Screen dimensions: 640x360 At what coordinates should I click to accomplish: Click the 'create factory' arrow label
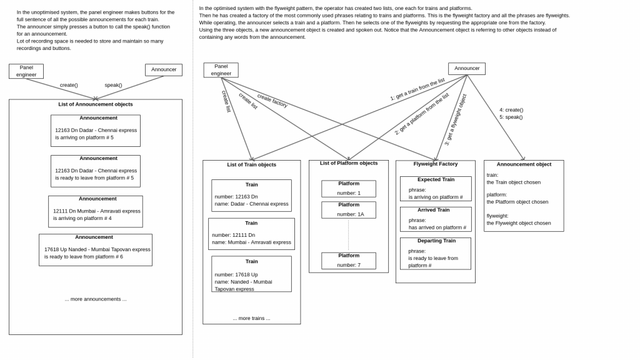[272, 101]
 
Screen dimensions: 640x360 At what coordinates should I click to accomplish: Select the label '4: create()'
[511, 110]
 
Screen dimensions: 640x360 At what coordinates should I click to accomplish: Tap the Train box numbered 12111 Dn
[251, 234]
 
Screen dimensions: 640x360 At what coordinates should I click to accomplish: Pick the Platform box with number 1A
[349, 210]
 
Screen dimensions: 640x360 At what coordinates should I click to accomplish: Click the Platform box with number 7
[349, 261]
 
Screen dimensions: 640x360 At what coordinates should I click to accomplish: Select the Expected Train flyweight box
[436, 189]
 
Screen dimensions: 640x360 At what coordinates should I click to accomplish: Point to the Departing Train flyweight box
[436, 254]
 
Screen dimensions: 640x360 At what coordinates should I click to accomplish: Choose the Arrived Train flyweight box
[436, 219]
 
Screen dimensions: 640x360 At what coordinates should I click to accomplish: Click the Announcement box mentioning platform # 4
[96, 211]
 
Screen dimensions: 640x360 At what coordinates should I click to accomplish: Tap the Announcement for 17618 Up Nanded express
[96, 250]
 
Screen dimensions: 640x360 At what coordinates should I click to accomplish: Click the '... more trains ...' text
[251, 318]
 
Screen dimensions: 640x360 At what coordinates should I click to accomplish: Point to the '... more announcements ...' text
[96, 299]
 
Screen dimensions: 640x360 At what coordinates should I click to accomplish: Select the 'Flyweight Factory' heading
[436, 164]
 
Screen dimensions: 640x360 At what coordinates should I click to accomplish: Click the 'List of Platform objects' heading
[349, 163]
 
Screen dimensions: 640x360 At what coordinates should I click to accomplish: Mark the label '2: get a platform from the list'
[422, 114]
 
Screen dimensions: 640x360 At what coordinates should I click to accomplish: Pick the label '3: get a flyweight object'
[456, 119]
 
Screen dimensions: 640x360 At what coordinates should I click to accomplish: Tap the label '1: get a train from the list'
[417, 89]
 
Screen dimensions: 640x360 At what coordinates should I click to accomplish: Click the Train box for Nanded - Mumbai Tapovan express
[251, 274]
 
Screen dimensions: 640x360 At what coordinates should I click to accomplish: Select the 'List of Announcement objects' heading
[96, 104]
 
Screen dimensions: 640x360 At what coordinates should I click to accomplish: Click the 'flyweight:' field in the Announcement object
[497, 216]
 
